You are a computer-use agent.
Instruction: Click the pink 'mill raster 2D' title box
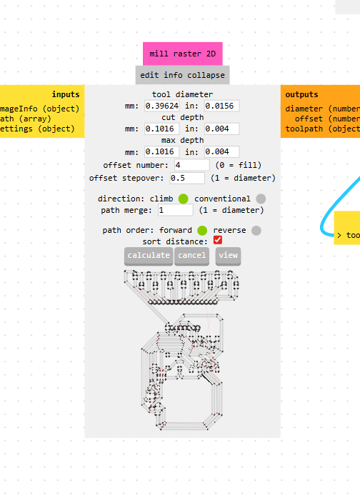(x=183, y=54)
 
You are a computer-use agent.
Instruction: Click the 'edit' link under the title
(x=149, y=75)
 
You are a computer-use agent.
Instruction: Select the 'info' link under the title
(x=173, y=75)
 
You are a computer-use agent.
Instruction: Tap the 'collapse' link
(x=206, y=75)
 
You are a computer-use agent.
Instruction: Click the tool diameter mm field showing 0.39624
(x=161, y=106)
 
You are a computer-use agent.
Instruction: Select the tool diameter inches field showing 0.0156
(x=221, y=106)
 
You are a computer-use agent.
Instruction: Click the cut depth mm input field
(x=161, y=129)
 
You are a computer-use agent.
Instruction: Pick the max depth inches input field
(x=221, y=152)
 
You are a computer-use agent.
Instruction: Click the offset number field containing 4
(x=191, y=165)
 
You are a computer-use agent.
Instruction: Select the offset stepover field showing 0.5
(x=187, y=178)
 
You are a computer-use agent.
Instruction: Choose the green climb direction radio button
(x=183, y=199)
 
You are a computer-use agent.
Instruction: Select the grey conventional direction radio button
(x=261, y=199)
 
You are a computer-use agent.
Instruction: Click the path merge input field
(x=175, y=210)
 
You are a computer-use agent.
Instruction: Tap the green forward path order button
(x=202, y=231)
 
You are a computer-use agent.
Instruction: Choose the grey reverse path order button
(x=256, y=231)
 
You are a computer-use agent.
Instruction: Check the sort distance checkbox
(x=218, y=240)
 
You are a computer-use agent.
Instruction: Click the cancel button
(x=191, y=256)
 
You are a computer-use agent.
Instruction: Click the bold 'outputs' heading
(x=301, y=94)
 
